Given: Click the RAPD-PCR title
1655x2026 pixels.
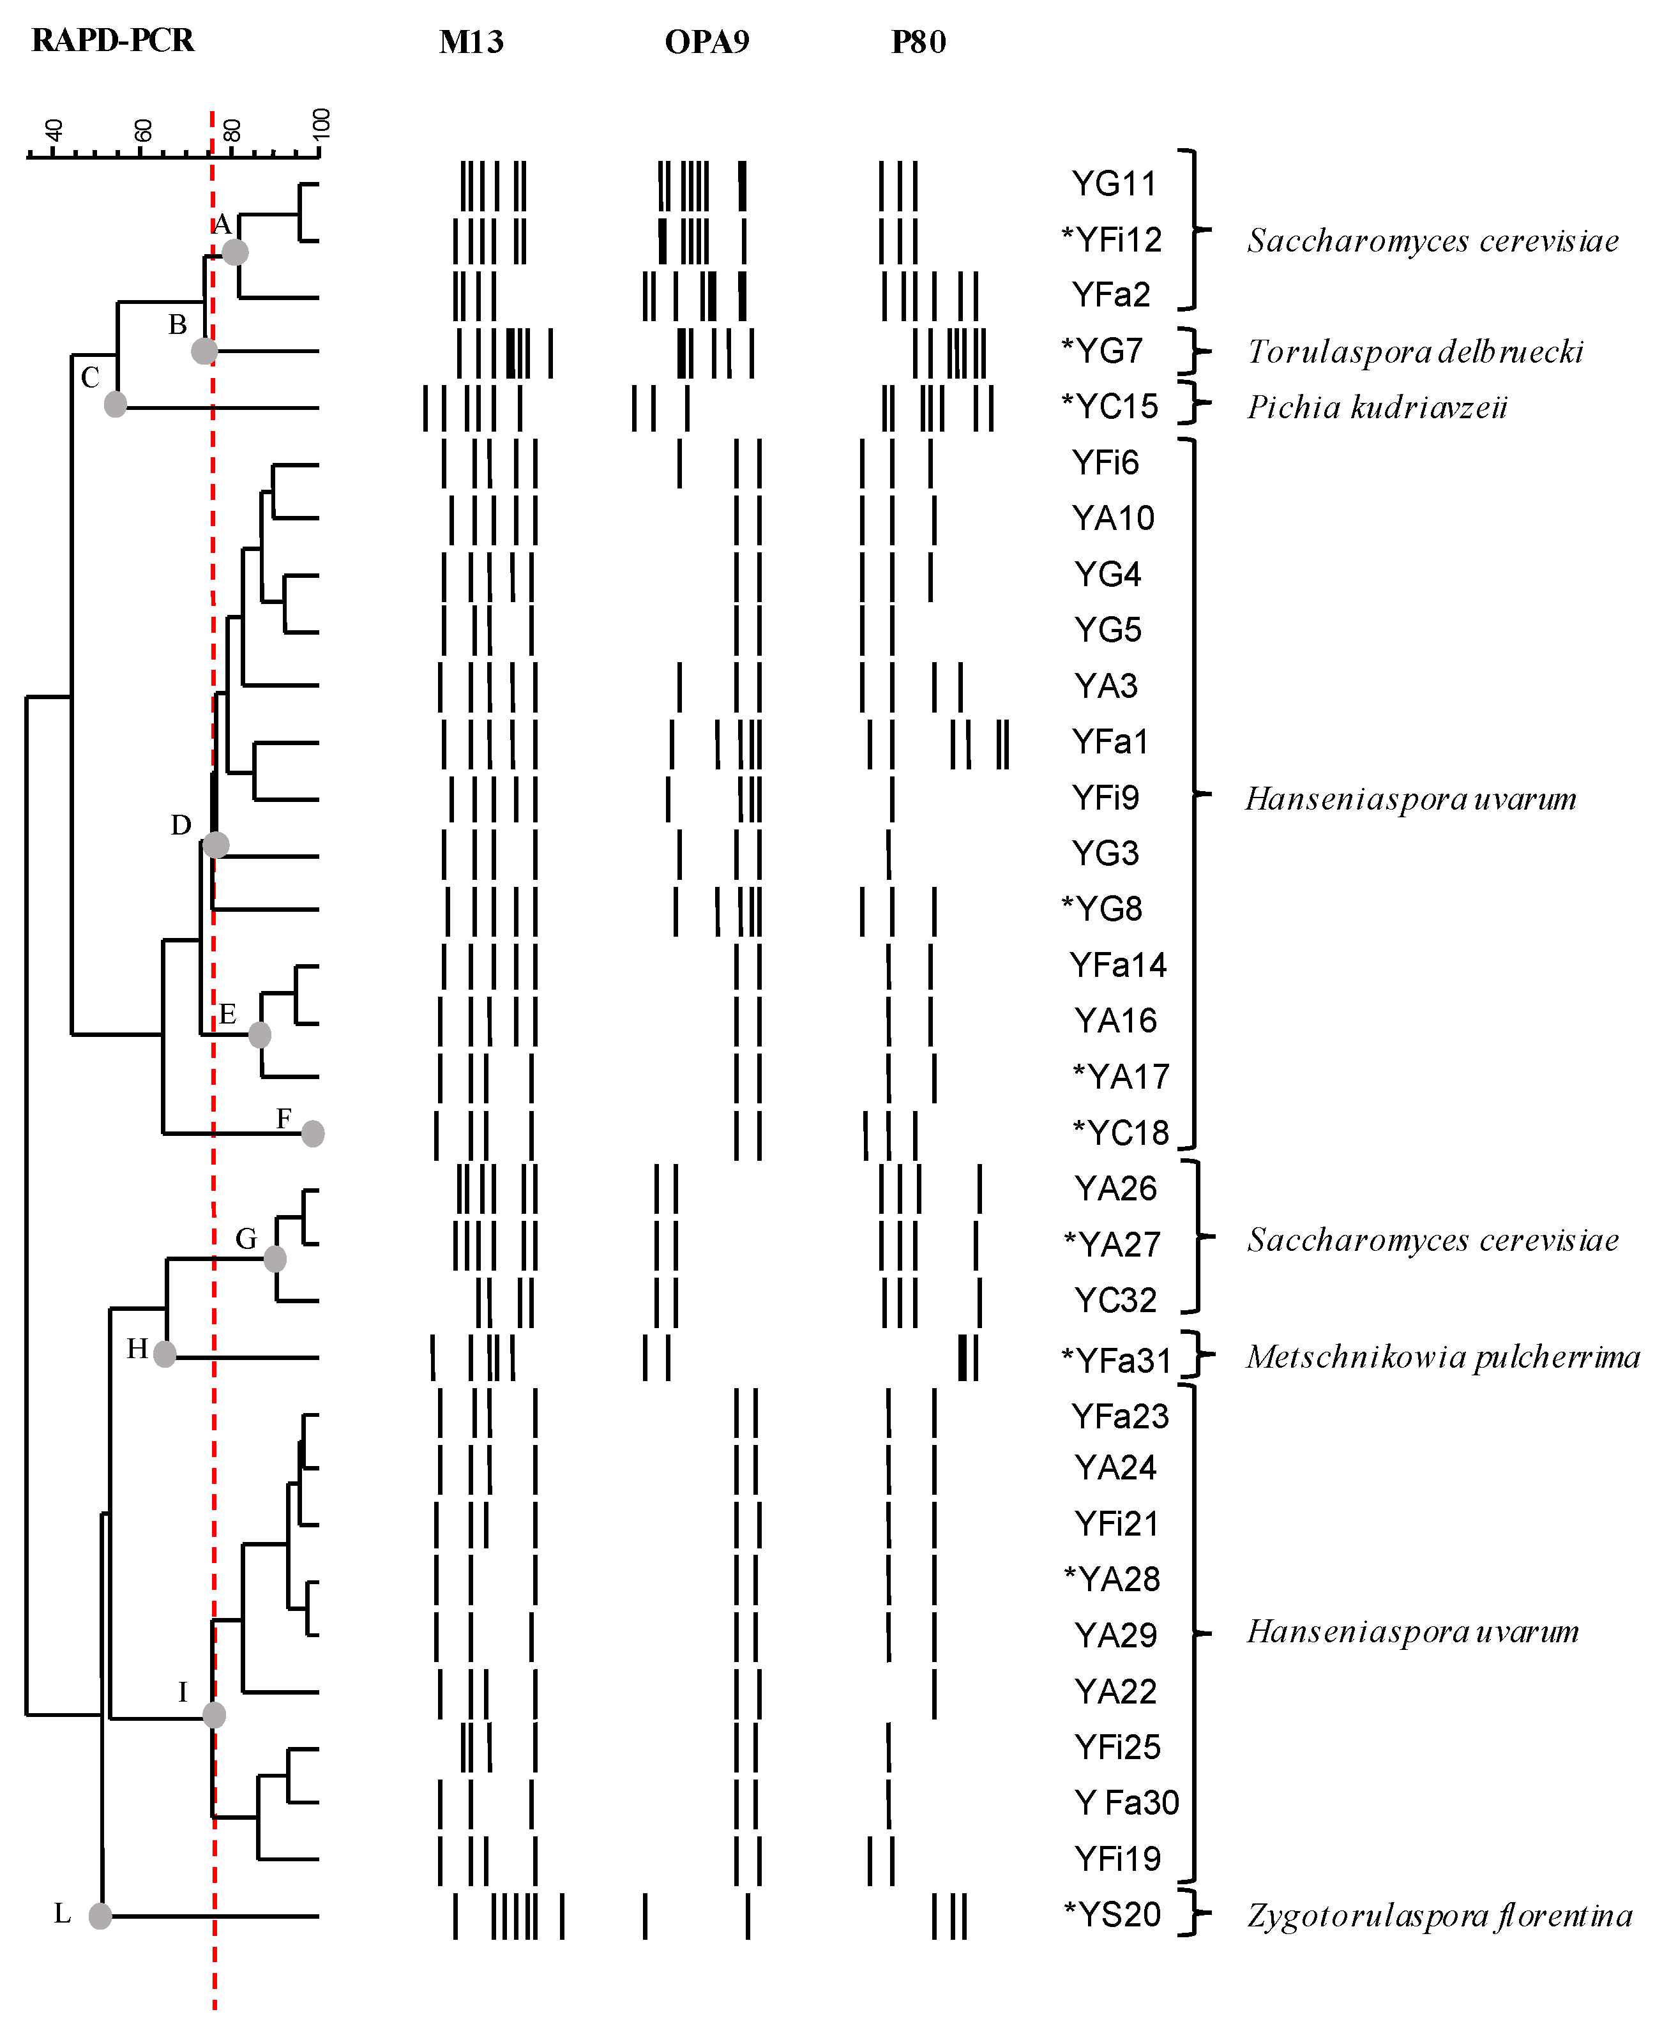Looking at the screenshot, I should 112,41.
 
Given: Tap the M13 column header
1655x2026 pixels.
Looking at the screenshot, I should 471,43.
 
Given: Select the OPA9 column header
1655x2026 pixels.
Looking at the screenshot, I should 706,43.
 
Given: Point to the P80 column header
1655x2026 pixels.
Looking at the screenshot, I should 918,43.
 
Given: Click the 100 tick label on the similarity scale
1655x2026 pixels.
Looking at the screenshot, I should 321,124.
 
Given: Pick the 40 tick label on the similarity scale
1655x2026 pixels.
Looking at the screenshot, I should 54,130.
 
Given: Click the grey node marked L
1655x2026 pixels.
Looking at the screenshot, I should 100,1916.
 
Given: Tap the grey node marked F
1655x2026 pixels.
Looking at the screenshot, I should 313,1133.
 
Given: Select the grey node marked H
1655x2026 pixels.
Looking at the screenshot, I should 165,1353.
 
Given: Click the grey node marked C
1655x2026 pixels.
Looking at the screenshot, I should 116,404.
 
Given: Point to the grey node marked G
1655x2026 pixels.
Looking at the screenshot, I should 275,1259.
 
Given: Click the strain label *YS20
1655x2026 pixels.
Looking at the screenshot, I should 1112,1914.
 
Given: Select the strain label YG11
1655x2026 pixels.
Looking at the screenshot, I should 1114,183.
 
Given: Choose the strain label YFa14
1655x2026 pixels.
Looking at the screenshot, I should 1117,965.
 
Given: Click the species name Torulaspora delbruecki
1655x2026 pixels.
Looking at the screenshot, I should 1415,352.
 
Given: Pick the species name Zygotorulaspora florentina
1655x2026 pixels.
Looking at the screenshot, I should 1440,1916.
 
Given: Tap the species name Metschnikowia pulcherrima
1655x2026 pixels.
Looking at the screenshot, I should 1442,1357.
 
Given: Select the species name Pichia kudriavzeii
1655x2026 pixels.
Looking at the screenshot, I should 1378,408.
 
